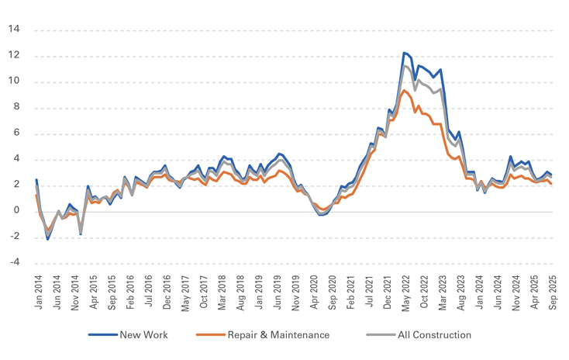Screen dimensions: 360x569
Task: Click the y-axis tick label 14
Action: point(15,29)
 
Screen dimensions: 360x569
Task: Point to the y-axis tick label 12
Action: point(15,56)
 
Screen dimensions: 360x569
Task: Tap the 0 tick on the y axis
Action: point(17,211)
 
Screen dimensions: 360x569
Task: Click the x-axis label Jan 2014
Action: point(38,292)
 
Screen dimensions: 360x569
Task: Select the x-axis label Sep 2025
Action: point(553,292)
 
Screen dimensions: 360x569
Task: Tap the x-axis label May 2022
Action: point(405,292)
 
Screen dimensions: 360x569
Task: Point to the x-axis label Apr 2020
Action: point(314,292)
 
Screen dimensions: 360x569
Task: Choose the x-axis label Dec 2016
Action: point(167,292)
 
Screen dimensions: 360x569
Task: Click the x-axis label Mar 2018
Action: point(222,292)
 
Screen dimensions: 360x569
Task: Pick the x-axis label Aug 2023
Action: point(461,292)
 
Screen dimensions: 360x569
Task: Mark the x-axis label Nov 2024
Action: point(516,292)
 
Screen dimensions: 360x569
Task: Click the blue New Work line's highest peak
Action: point(404,53)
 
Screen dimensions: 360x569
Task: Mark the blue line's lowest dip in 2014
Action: point(47,239)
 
